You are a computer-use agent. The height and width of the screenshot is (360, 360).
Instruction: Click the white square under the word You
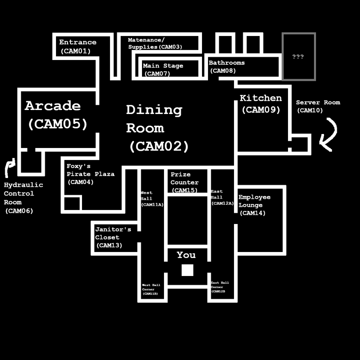point(187,270)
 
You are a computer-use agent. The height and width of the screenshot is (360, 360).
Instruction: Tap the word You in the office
point(186,255)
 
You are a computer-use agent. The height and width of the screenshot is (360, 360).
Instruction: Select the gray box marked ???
point(298,56)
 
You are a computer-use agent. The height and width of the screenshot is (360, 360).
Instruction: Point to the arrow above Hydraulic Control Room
point(9,167)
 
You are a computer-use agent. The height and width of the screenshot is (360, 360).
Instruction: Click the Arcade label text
point(52,106)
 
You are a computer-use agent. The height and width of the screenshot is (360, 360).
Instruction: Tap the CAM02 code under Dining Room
point(159,146)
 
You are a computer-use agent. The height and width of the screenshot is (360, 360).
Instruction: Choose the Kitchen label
point(260,98)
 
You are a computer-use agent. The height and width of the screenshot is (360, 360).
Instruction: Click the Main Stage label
point(163,66)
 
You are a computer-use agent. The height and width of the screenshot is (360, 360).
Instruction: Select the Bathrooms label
point(226,63)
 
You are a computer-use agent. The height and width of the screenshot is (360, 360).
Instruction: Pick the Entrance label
point(78,42)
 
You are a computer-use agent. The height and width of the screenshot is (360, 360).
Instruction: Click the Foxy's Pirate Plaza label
point(90,170)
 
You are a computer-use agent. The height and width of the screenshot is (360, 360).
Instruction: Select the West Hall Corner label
point(151,287)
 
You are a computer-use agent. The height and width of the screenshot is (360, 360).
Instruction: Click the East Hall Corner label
point(220,285)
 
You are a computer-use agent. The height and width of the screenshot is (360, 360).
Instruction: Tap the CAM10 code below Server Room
point(310,111)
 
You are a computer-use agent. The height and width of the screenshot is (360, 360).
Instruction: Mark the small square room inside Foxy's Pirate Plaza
point(72,203)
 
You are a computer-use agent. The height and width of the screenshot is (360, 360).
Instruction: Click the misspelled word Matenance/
point(146,40)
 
